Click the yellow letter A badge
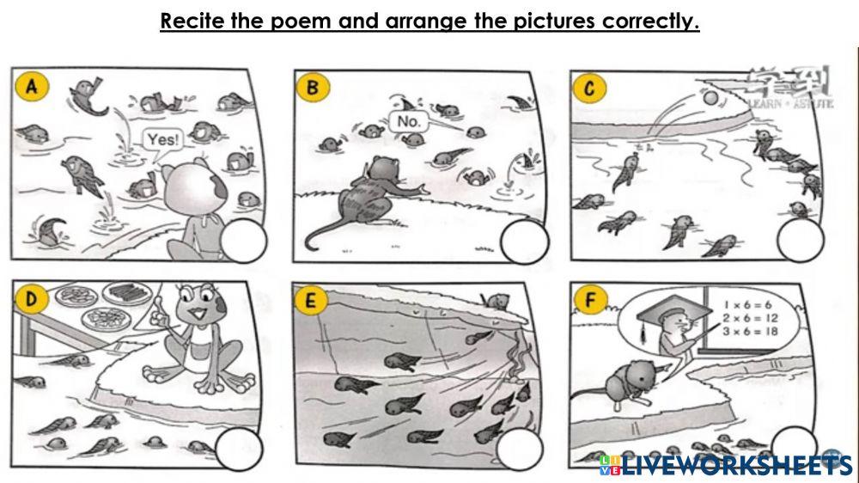pos(33,87)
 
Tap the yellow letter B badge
pos(312,87)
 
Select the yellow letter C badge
pos(590,87)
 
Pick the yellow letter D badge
pos(33,300)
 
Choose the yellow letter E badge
pos(312,301)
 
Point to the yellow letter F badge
pos(590,301)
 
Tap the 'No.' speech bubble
pos(408,121)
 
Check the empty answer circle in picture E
pos(521,449)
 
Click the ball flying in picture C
pos(710,100)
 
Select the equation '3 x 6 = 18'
pos(751,331)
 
